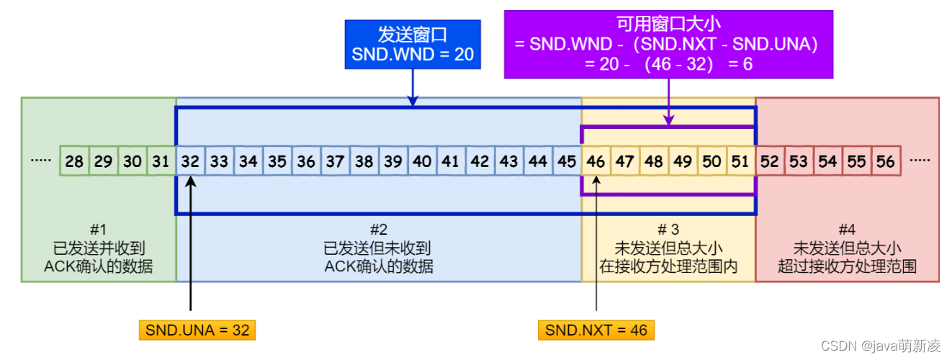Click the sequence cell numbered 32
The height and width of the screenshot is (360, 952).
coord(190,161)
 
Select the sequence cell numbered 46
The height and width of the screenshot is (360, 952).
coord(596,161)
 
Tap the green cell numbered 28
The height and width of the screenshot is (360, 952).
coord(74,161)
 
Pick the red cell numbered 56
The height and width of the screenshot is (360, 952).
coord(886,161)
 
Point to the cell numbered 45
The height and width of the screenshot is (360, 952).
coord(567,161)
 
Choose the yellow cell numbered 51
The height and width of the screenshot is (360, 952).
coord(741,161)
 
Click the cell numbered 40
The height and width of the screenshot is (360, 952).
coord(422,161)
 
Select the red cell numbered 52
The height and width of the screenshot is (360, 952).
coord(770,161)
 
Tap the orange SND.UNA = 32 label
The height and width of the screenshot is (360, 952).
coord(197,330)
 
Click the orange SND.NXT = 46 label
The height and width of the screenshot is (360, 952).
coord(596,330)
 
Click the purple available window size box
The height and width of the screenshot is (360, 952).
coord(668,44)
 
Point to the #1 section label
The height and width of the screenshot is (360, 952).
coord(99,230)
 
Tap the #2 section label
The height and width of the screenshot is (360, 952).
coord(379,230)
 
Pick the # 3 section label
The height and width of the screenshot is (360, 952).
coord(668,230)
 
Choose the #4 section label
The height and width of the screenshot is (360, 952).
coord(848,230)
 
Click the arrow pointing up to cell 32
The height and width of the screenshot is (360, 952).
coord(190,245)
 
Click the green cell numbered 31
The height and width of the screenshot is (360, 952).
coord(161,161)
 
